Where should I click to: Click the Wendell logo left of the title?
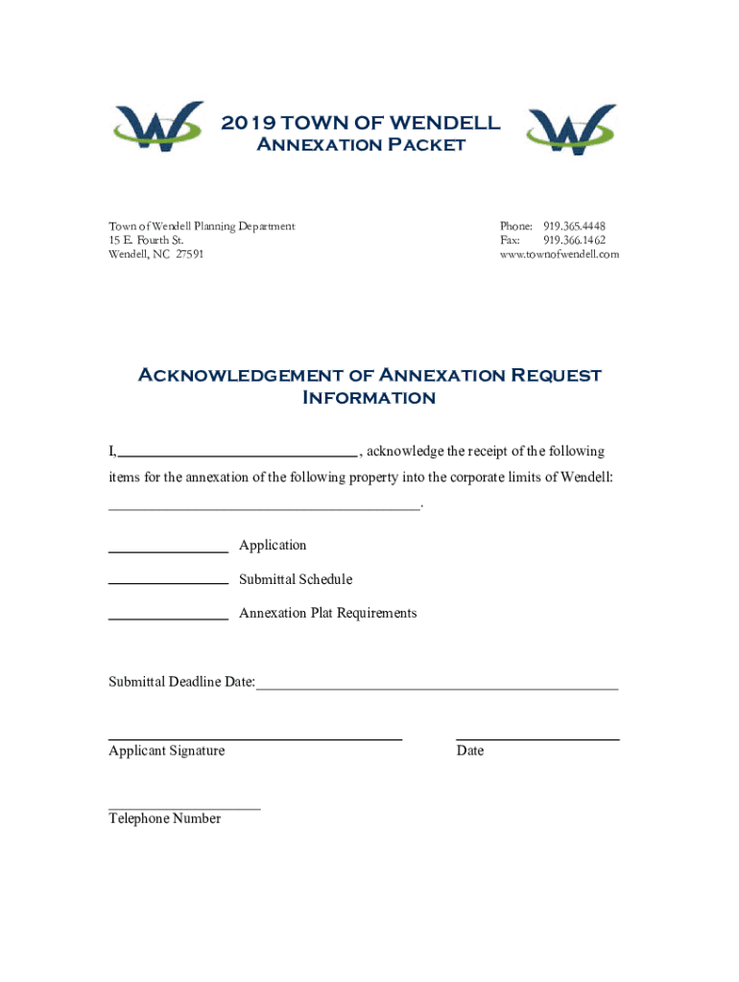158,128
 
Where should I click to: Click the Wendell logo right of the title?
571,129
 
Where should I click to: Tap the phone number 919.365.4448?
574,226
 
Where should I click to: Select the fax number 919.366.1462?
574,240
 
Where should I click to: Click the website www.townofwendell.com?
560,254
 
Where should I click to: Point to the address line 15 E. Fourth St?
146,240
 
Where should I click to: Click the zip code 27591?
189,254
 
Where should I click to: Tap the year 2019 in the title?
248,123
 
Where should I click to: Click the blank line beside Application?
168,552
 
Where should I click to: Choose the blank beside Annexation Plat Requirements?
168,619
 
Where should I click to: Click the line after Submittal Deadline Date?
437,688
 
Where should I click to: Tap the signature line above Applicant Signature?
254,738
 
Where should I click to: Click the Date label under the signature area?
470,751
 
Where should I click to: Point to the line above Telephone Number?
184,808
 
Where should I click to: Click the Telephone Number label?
165,819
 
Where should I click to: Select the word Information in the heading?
369,398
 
